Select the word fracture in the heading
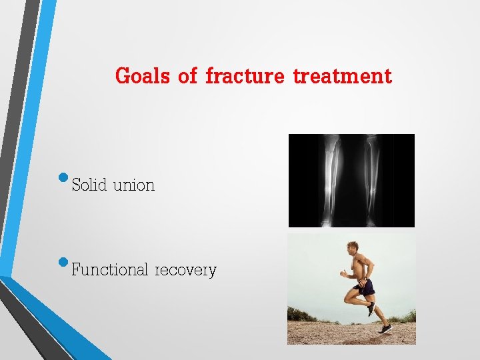pyautogui.click(x=245, y=76)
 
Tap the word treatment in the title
pyautogui.click(x=342, y=76)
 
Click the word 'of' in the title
pyautogui.click(x=187, y=76)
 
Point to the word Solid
pyautogui.click(x=89, y=185)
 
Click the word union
pyautogui.click(x=133, y=185)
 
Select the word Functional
pyautogui.click(x=109, y=270)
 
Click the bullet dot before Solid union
pyautogui.click(x=63, y=178)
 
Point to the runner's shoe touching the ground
pyautogui.click(x=385, y=329)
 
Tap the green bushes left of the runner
pyautogui.click(x=304, y=313)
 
